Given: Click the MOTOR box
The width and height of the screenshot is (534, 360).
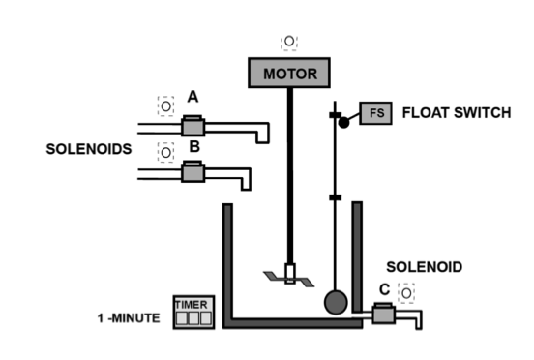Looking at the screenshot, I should pyautogui.click(x=289, y=74).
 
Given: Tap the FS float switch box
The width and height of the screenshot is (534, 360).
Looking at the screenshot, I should pyautogui.click(x=374, y=112).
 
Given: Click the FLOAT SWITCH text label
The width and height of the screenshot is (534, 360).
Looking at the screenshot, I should pyautogui.click(x=456, y=113).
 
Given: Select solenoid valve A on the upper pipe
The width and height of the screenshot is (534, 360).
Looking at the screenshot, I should pyautogui.click(x=193, y=127).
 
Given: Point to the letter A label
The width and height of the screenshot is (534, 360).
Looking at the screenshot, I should pyautogui.click(x=193, y=97).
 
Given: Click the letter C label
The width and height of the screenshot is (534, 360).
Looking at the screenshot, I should pyautogui.click(x=385, y=287).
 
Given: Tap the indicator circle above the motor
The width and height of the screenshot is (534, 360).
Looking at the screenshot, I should pyautogui.click(x=289, y=42).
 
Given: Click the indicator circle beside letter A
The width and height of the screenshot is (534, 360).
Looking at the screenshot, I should pyautogui.click(x=165, y=104).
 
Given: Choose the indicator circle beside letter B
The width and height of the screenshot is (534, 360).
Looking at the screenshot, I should pyautogui.click(x=165, y=152).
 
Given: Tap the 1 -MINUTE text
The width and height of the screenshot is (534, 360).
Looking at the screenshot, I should pyautogui.click(x=129, y=317).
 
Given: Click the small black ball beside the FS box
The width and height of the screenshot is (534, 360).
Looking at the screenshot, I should pyautogui.click(x=343, y=123).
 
